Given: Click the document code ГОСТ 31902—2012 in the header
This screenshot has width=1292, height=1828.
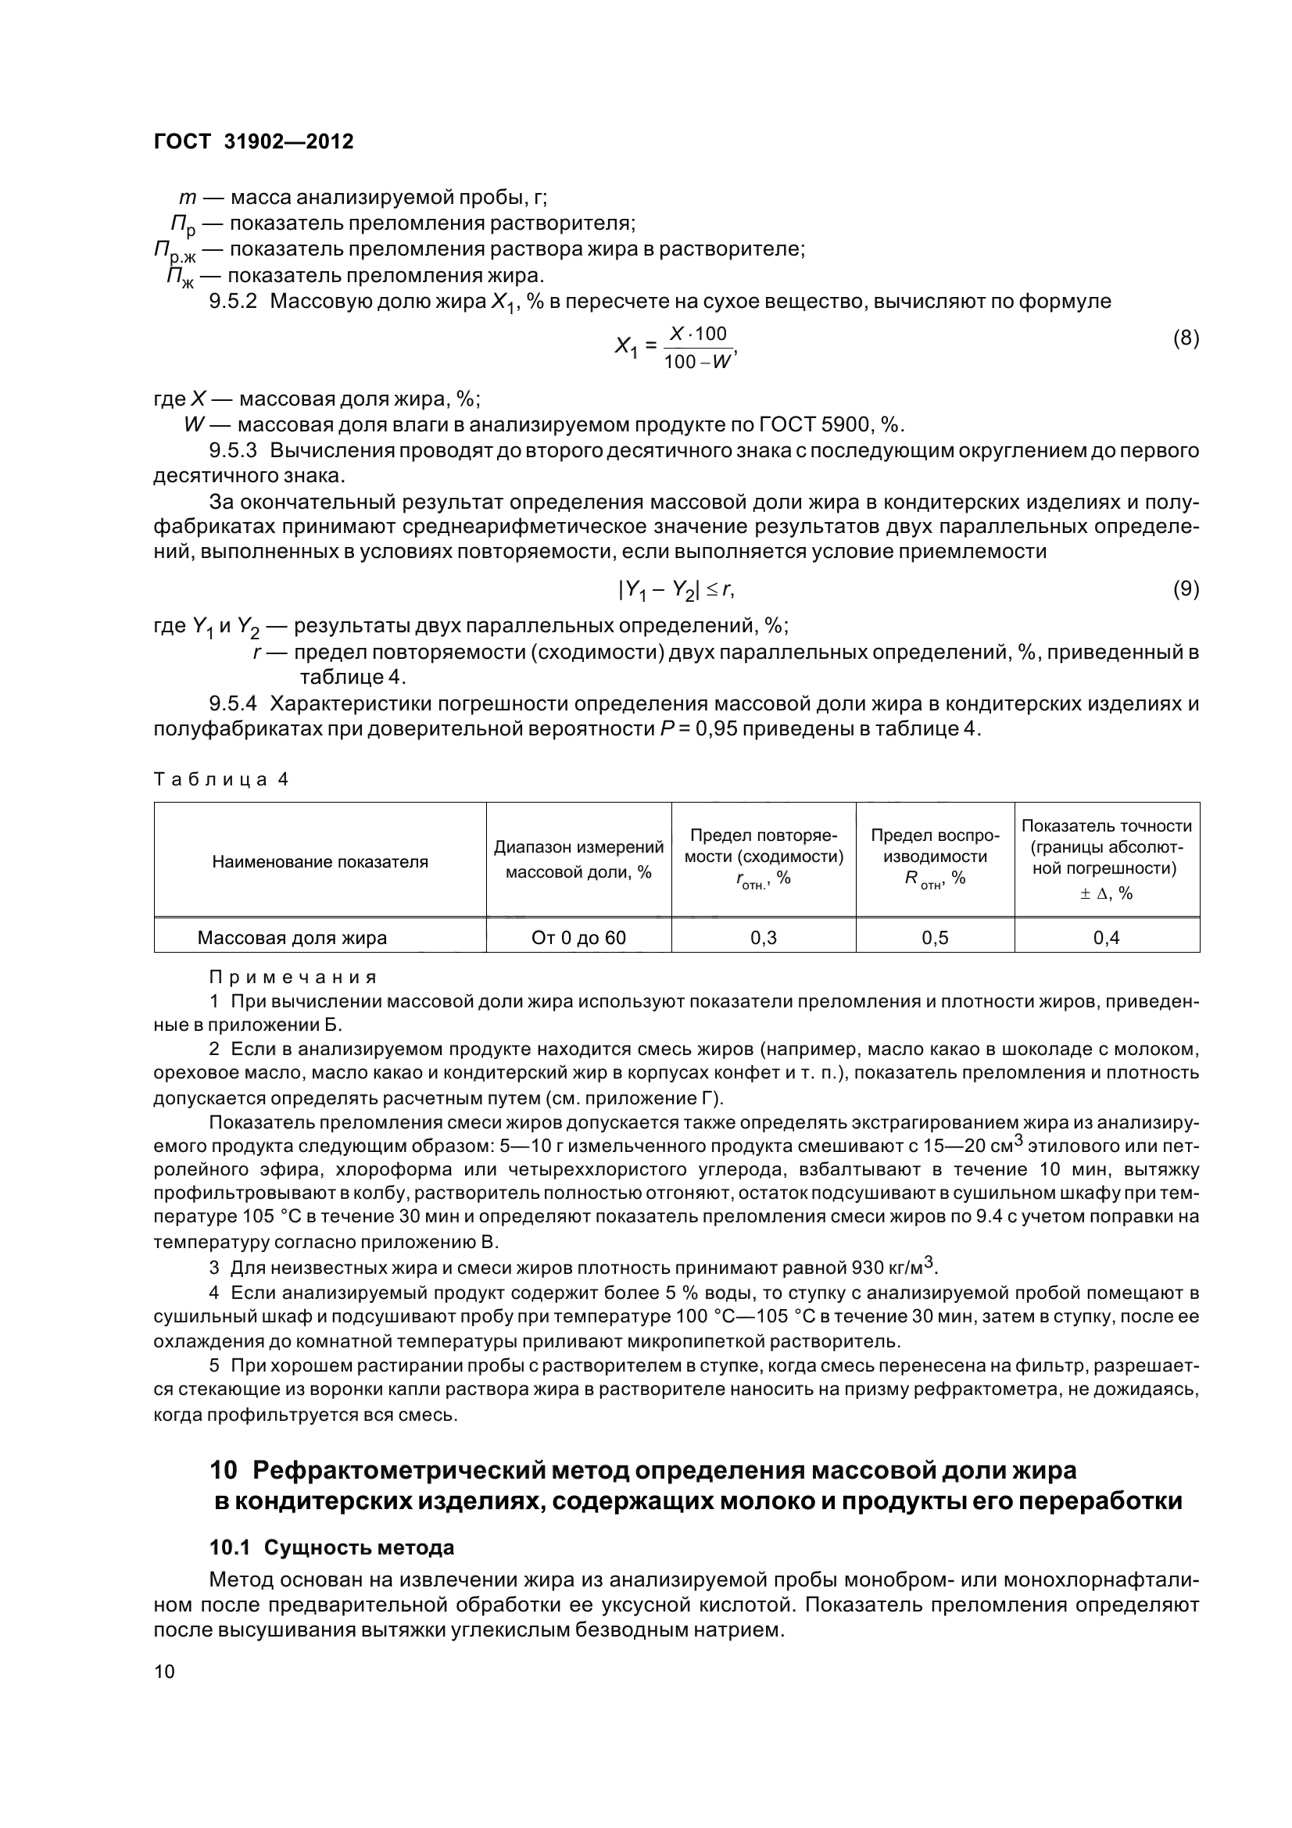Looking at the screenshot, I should coord(253,141).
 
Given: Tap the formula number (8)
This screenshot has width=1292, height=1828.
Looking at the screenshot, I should coord(1186,338).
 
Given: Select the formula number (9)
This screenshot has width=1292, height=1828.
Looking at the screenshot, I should coord(1186,588).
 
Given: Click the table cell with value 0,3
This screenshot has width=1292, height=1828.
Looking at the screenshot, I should coord(763,937).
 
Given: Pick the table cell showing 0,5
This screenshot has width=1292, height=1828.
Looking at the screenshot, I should coord(935,937).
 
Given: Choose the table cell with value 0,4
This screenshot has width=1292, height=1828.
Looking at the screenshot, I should coord(1106,937).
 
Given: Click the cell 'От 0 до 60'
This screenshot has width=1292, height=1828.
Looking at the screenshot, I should coord(578,937).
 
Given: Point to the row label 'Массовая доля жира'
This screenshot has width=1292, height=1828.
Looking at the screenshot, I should coord(292,937).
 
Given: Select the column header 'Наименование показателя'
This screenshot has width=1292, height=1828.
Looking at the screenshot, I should coord(319,861).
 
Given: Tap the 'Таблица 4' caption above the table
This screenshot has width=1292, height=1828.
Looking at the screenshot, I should coord(220,779).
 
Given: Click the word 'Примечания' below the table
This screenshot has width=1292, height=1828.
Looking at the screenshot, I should coord(292,977).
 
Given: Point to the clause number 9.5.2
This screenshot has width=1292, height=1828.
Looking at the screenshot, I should coord(232,302).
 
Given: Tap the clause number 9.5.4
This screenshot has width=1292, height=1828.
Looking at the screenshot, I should coord(232,704).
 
